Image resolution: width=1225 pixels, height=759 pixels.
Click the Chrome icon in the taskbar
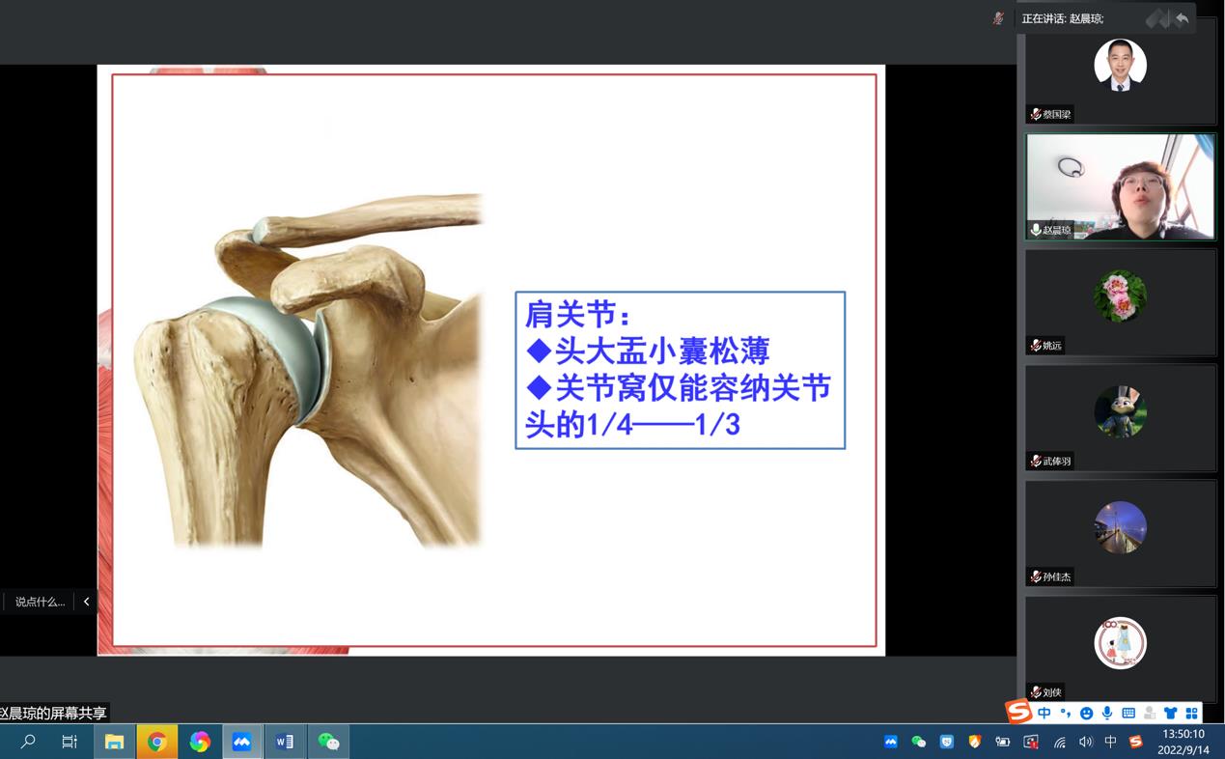pos(157,742)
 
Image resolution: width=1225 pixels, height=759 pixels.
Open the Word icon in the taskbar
pos(285,742)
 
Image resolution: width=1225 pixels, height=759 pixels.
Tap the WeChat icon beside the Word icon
pos(328,742)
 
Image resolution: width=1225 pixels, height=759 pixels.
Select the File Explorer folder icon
pos(114,742)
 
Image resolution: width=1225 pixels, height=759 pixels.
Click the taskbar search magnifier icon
pos(27,742)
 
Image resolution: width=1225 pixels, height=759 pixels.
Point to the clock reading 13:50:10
pos(1183,734)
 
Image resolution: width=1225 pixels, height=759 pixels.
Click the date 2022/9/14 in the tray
pos(1183,749)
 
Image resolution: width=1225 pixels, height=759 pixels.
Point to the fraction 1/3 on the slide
pos(717,425)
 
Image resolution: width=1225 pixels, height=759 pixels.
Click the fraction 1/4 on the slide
pos(609,425)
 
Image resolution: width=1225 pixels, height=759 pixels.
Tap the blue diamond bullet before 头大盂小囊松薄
pos(539,351)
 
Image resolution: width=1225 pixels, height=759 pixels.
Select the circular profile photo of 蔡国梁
pos(1120,65)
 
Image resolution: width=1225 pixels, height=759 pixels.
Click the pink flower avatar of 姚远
pos(1120,296)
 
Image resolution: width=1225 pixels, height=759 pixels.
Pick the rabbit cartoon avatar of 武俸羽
pos(1120,411)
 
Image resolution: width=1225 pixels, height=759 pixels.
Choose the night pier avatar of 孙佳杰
pos(1120,527)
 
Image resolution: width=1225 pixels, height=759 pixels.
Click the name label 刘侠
pos(1051,692)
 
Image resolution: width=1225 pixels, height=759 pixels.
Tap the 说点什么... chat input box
pos(40,602)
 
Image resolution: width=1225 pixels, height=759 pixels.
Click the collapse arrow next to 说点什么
pos(87,602)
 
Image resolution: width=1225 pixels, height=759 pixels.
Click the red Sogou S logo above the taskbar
pos(1018,712)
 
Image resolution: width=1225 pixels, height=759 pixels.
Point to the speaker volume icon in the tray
pos(1086,742)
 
